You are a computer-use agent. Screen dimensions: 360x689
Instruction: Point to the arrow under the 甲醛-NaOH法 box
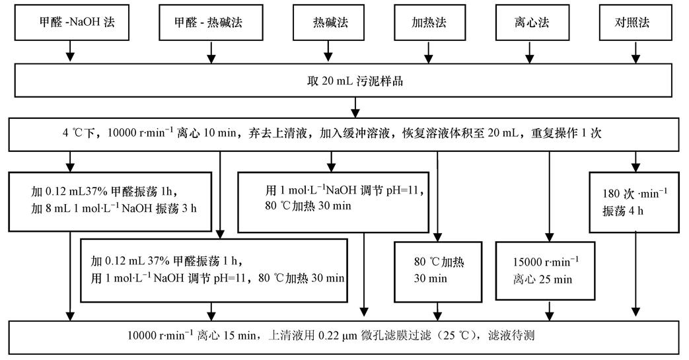point(69,52)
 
